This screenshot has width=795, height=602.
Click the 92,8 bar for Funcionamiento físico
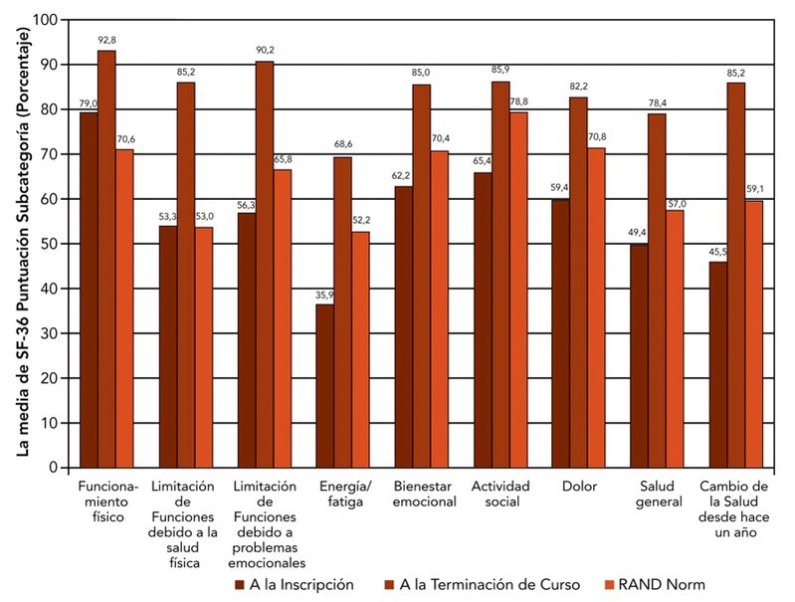(x=106, y=259)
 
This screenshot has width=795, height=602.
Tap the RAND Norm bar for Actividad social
(x=517, y=290)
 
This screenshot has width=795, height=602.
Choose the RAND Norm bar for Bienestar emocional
(x=439, y=308)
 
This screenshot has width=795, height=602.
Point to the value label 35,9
(x=324, y=294)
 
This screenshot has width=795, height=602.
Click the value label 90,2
(x=264, y=51)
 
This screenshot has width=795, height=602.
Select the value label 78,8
(x=517, y=102)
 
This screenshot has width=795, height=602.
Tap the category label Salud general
(x=657, y=494)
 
